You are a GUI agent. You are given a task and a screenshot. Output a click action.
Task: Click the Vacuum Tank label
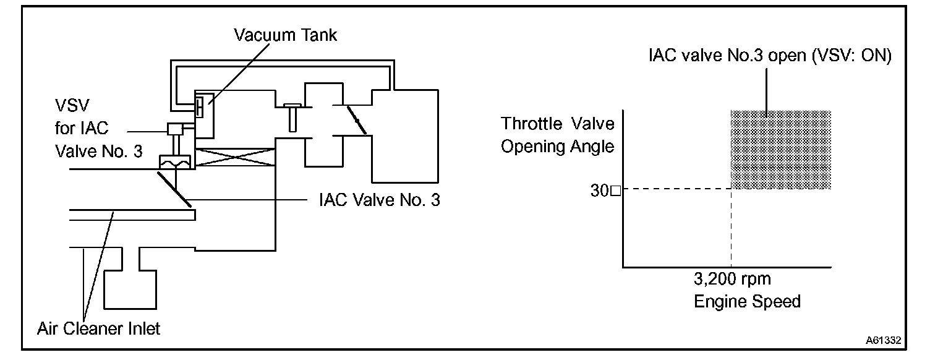285,35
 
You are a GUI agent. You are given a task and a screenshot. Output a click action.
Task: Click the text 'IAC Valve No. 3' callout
380,200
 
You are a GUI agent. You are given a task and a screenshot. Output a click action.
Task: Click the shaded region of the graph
780,150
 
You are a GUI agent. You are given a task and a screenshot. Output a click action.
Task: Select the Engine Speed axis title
747,301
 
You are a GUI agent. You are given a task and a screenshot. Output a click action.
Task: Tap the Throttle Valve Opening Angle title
557,135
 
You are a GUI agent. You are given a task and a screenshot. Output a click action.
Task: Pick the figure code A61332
883,340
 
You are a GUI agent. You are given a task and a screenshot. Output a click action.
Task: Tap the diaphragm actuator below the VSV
176,163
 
